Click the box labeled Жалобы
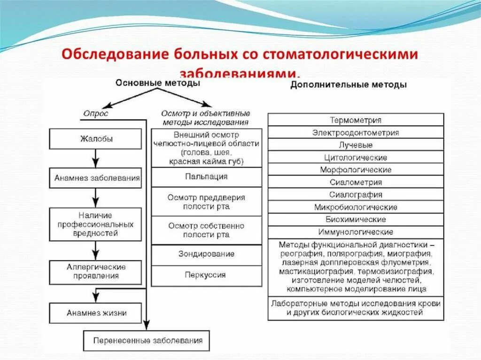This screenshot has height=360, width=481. [95, 139]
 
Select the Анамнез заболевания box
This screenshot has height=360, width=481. [95, 178]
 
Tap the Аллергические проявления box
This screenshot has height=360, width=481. [95, 272]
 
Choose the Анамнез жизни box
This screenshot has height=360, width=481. [95, 313]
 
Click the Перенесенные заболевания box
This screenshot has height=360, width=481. [147, 341]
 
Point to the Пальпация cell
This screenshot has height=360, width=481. [207, 177]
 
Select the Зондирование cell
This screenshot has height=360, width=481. [207, 254]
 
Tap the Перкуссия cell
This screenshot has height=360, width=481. [207, 275]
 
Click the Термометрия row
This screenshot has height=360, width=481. [356, 120]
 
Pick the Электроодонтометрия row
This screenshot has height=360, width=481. [356, 132]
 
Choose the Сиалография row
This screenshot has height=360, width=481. [356, 194]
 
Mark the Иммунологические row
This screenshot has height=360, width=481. [356, 232]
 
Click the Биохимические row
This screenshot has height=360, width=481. [356, 219]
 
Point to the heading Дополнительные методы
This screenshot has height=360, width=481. [349, 85]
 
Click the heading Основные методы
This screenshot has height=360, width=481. [158, 83]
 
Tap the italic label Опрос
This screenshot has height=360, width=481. [96, 113]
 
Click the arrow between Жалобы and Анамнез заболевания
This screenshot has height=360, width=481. [95, 159]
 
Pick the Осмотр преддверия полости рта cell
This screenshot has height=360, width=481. [207, 202]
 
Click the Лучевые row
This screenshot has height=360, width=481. [356, 145]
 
